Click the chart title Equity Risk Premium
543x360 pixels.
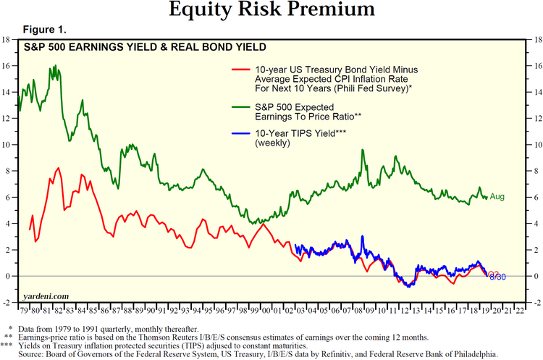click(x=271, y=11)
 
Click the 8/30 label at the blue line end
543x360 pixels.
click(x=498, y=277)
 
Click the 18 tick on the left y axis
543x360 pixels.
click(x=6, y=40)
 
